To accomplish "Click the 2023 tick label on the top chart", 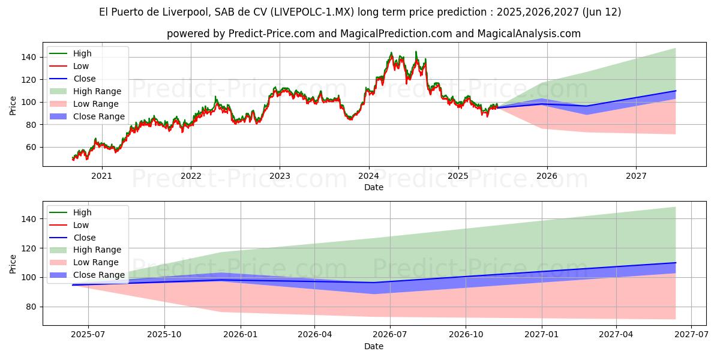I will [x=280, y=176].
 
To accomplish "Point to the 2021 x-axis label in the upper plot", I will [x=101, y=176].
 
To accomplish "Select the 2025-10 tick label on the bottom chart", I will [x=164, y=335].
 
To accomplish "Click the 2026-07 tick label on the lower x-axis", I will [x=390, y=335].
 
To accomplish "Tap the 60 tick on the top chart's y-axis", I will [x=31, y=147].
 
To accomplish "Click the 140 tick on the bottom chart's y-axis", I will [x=29, y=219].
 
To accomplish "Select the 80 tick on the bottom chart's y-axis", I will [x=31, y=307].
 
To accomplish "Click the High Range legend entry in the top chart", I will [x=97, y=91].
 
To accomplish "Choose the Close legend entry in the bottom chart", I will [x=85, y=238].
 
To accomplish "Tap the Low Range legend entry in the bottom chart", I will [x=96, y=262].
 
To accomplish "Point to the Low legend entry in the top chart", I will [x=81, y=66].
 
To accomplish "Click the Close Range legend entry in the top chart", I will [x=99, y=116].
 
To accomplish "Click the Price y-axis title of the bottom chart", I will [x=13, y=263].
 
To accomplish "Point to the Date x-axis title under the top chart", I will [x=373, y=187].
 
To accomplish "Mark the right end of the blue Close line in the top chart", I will [x=676, y=91].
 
